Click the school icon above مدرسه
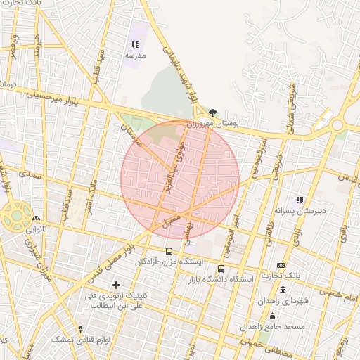point(135,44)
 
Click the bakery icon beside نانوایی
point(36,219)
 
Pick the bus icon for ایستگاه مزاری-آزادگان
point(169,251)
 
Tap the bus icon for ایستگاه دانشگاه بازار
point(221,269)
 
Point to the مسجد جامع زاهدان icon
point(272,316)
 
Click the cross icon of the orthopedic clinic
point(116,285)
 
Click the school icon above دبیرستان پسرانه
point(300,200)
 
